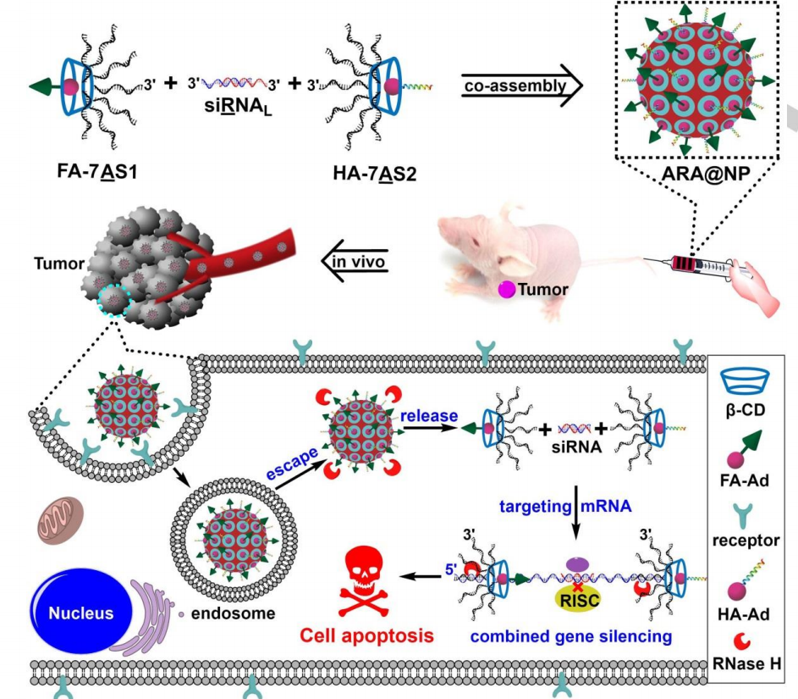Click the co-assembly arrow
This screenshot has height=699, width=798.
click(x=523, y=86)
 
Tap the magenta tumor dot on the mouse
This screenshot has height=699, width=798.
click(x=507, y=289)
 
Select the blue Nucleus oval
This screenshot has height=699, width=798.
click(x=80, y=613)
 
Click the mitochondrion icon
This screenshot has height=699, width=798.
click(x=59, y=519)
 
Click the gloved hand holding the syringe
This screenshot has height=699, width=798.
click(x=760, y=292)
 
